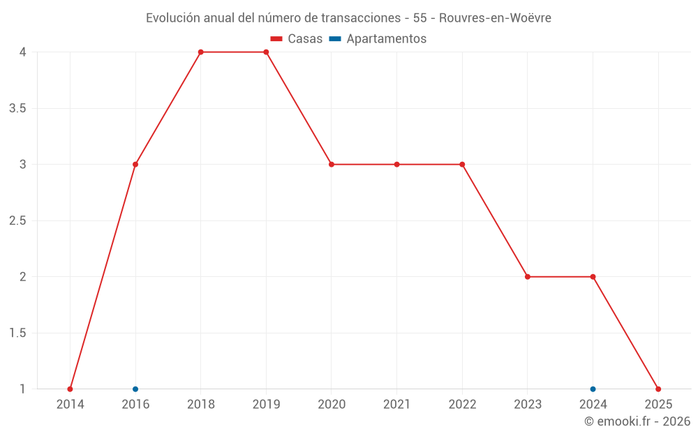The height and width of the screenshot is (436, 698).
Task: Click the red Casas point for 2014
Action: coord(70,389)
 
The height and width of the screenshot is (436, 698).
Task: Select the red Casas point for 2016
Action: coord(135,165)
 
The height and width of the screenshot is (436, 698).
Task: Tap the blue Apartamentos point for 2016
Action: coord(135,389)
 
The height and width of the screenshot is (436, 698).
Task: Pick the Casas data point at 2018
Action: coord(200,52)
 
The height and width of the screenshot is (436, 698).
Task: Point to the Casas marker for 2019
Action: coord(266,52)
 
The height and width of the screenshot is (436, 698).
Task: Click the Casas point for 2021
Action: coord(396,165)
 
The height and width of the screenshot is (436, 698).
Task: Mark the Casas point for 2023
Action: coord(528,277)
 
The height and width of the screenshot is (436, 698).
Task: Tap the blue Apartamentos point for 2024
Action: coord(593,389)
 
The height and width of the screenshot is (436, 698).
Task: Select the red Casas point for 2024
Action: coord(593,277)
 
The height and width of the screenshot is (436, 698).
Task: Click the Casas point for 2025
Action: coord(658,389)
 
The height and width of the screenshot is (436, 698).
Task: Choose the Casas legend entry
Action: coord(297,39)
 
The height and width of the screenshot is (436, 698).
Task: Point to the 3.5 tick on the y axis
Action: coord(17,108)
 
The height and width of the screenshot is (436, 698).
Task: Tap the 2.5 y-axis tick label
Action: coord(17,220)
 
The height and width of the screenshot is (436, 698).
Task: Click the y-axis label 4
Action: coord(23,52)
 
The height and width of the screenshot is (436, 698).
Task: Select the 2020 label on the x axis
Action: coord(332,404)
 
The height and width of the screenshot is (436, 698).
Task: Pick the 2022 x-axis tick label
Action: coord(462,404)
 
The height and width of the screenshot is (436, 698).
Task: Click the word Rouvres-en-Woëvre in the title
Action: coord(495,18)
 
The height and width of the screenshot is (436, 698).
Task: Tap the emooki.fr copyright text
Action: coord(637,421)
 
